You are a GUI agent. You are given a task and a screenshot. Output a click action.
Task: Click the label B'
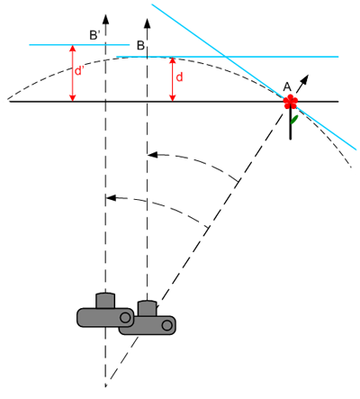click(94, 35)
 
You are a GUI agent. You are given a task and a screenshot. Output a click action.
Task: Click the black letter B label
click(140, 46)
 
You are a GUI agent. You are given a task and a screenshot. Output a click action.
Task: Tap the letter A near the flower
click(287, 87)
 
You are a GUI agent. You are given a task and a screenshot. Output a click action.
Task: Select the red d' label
click(78, 71)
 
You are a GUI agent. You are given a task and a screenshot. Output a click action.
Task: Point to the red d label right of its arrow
click(179, 77)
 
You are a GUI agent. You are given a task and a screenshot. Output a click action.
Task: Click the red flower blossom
click(291, 102)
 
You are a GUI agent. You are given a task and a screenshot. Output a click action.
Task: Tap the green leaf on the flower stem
click(294, 120)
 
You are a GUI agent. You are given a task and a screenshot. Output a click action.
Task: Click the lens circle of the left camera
click(125, 317)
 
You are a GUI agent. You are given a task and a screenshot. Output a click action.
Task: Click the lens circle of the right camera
click(167, 325)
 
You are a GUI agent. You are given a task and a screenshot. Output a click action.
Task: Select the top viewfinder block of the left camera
click(105, 300)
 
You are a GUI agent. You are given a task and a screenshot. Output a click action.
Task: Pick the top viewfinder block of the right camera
click(147, 308)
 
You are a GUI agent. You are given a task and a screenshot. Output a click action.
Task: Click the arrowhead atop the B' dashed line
click(105, 19)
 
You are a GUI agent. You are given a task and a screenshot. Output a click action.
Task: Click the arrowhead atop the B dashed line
click(147, 23)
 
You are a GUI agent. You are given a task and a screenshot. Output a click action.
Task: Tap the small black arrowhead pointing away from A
click(304, 79)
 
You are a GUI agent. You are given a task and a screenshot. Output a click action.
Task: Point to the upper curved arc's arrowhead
click(153, 155)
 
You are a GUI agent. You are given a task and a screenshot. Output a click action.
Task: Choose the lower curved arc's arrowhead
click(112, 198)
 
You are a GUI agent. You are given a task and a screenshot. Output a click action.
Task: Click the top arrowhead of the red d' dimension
click(72, 49)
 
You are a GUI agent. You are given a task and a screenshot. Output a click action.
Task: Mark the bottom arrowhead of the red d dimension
click(172, 98)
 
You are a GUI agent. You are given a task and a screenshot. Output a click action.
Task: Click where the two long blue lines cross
click(224, 57)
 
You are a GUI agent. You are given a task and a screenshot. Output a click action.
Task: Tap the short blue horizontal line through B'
click(79, 45)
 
